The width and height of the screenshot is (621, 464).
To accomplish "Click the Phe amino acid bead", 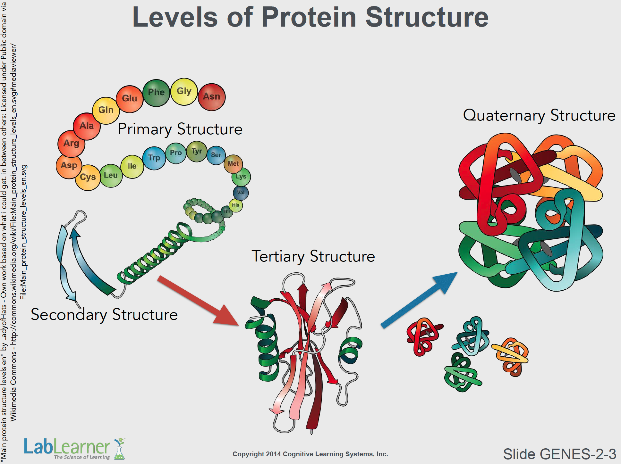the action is pyautogui.click(x=156, y=93).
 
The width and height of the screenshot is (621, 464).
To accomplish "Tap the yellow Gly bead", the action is pyautogui.click(x=184, y=91).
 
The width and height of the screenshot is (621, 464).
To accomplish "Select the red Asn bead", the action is pyautogui.click(x=212, y=97).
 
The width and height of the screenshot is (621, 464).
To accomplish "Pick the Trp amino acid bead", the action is pyautogui.click(x=154, y=158).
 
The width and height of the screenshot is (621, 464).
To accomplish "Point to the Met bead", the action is pyautogui.click(x=233, y=164).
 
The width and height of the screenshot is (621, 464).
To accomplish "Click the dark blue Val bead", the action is pyautogui.click(x=241, y=193).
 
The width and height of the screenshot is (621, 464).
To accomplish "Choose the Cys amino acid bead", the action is pyautogui.click(x=88, y=177).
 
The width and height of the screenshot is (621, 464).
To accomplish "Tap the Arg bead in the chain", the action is pyautogui.click(x=71, y=144).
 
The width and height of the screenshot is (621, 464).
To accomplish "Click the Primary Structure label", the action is pyautogui.click(x=180, y=129).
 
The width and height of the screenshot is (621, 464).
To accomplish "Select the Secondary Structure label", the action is pyautogui.click(x=104, y=314).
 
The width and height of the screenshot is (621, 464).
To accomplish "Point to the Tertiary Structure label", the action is pyautogui.click(x=313, y=256).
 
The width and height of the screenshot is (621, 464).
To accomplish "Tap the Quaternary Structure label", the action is pyautogui.click(x=539, y=115).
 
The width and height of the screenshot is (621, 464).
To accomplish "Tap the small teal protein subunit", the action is pyautogui.click(x=471, y=336).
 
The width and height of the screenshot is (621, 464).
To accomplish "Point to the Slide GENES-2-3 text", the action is pyautogui.click(x=559, y=454).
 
